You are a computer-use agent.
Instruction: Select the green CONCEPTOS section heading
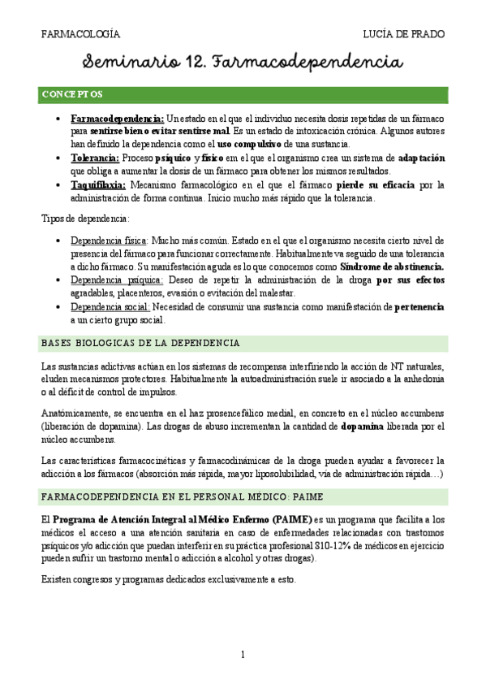(x=72, y=95)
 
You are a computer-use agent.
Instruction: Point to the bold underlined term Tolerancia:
(x=95, y=158)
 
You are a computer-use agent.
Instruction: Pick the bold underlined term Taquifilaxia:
(x=98, y=184)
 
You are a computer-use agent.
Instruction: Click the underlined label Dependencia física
(x=109, y=241)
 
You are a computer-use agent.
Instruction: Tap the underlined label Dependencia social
(x=109, y=307)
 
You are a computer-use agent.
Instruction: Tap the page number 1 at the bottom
(x=243, y=654)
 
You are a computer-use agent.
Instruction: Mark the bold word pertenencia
(x=419, y=307)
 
